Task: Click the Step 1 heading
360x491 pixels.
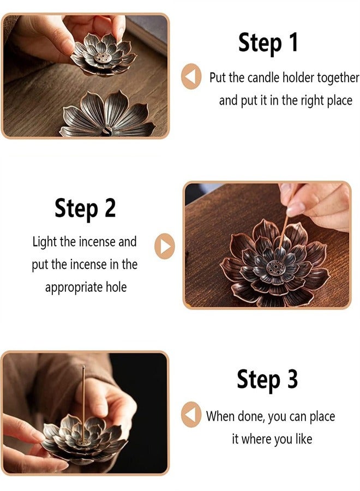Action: pyautogui.click(x=268, y=42)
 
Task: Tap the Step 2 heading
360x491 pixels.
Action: pyautogui.click(x=85, y=208)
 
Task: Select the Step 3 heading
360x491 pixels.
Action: pyautogui.click(x=267, y=380)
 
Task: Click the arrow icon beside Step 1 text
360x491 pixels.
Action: pyautogui.click(x=191, y=77)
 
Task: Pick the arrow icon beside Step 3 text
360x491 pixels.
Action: pyautogui.click(x=191, y=416)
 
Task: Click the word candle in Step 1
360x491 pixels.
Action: pyautogui.click(x=265, y=77)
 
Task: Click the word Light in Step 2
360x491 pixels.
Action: pyautogui.click(x=44, y=242)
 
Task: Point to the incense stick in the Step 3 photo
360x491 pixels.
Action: pyautogui.click(x=83, y=398)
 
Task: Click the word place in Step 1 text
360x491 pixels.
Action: pyautogui.click(x=332, y=101)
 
